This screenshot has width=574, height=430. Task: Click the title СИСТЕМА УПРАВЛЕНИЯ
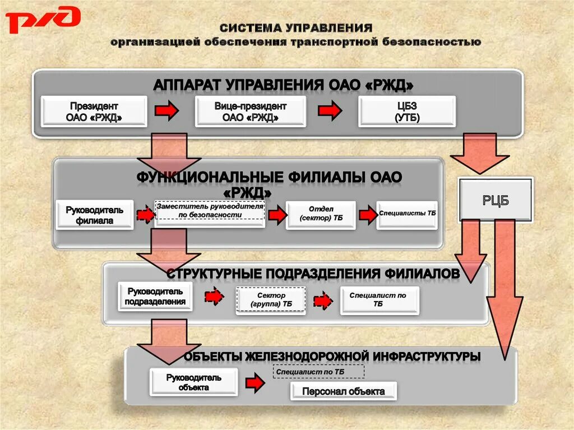pyautogui.click(x=295, y=28)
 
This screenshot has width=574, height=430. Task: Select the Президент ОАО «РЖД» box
pyautogui.click(x=94, y=112)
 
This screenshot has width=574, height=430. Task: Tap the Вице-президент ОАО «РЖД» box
pyautogui.click(x=250, y=112)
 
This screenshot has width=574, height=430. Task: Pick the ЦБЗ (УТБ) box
pyautogui.click(x=407, y=112)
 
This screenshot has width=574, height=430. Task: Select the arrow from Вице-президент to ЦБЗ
pyautogui.click(x=329, y=110)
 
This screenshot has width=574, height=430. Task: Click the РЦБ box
pyautogui.click(x=496, y=200)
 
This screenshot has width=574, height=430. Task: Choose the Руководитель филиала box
pyautogui.click(x=94, y=215)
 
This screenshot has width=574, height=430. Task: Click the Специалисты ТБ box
pyautogui.click(x=407, y=215)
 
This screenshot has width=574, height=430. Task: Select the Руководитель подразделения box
pyautogui.click(x=155, y=297)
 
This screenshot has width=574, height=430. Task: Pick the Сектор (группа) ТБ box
pyautogui.click(x=271, y=300)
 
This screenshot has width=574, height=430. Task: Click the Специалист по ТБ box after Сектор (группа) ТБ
pyautogui.click(x=379, y=299)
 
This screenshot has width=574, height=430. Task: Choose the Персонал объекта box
pyautogui.click(x=343, y=391)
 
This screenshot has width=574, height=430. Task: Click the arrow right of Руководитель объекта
pyautogui.click(x=254, y=383)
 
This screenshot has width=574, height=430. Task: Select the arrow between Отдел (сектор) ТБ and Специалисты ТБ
pyautogui.click(x=368, y=215)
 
